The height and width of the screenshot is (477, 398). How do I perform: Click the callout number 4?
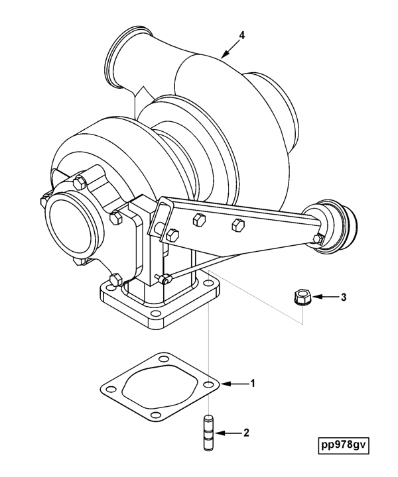pyautogui.click(x=241, y=35)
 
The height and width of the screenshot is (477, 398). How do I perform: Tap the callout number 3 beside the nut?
pyautogui.click(x=344, y=297)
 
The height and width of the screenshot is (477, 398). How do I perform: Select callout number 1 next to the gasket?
pyautogui.click(x=253, y=384)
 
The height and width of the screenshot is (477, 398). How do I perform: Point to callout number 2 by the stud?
pyautogui.click(x=246, y=433)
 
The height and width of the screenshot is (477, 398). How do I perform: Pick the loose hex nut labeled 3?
pyautogui.click(x=301, y=296)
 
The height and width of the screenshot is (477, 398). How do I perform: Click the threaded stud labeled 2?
pyautogui.click(x=208, y=432)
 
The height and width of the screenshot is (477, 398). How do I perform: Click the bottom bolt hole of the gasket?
pyautogui.click(x=156, y=415)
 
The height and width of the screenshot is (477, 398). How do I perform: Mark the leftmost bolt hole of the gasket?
pyautogui.click(x=111, y=389)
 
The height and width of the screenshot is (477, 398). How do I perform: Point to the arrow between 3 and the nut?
pyautogui.click(x=324, y=296)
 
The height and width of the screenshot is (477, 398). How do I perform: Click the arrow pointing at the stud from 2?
pyautogui.click(x=228, y=433)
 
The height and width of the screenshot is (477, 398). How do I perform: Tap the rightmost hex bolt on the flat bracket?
pyautogui.click(x=238, y=224)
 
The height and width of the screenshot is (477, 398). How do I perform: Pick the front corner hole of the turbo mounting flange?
pyautogui.click(x=156, y=313)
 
